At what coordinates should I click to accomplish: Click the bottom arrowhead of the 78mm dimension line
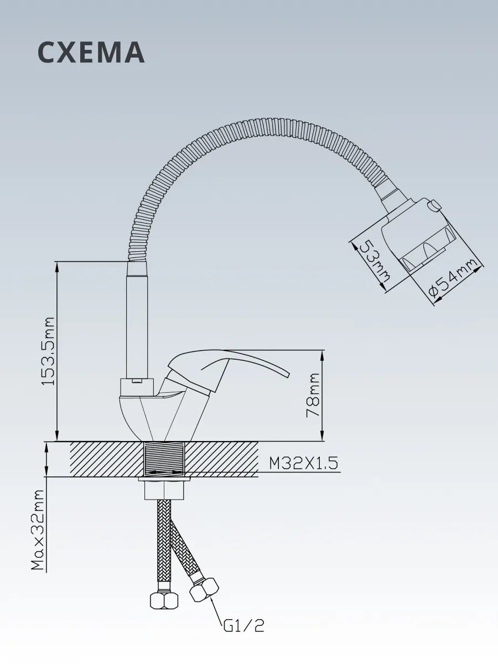[323, 438]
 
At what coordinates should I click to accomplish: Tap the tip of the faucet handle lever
[289, 375]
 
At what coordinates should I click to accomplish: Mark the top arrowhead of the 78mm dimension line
[323, 354]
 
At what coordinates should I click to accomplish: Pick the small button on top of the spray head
[435, 205]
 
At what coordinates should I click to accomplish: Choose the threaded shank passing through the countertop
[165, 459]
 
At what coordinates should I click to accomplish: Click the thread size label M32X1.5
[303, 463]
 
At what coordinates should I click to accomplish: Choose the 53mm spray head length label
[376, 260]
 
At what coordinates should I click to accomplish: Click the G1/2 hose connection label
[243, 626]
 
